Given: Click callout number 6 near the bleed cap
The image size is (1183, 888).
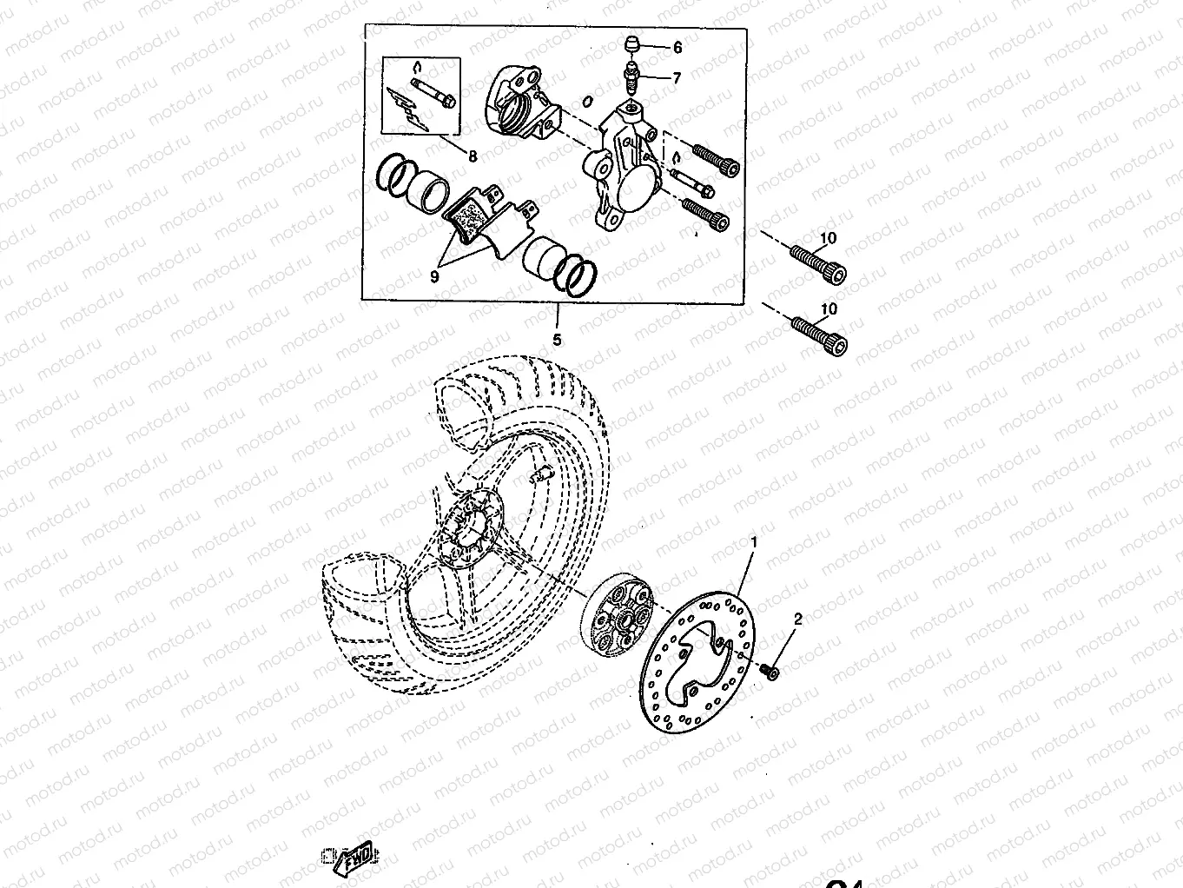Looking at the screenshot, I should tap(677, 48).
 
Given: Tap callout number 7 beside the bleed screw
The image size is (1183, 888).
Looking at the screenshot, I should tap(677, 77).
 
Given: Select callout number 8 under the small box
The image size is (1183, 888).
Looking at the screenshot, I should tap(473, 157).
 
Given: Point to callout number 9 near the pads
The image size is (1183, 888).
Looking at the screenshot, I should tap(435, 276).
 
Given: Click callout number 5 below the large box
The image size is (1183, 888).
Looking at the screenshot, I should tap(557, 340).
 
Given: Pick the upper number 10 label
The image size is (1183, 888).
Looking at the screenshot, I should tap(828, 238).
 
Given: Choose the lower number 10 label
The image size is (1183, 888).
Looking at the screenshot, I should tap(828, 309).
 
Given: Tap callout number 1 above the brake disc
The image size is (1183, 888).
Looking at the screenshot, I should tap(754, 542).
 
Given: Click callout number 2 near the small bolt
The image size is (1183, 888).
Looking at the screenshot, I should tap(797, 620).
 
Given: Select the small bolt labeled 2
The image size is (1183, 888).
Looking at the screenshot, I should tap(769, 671).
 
